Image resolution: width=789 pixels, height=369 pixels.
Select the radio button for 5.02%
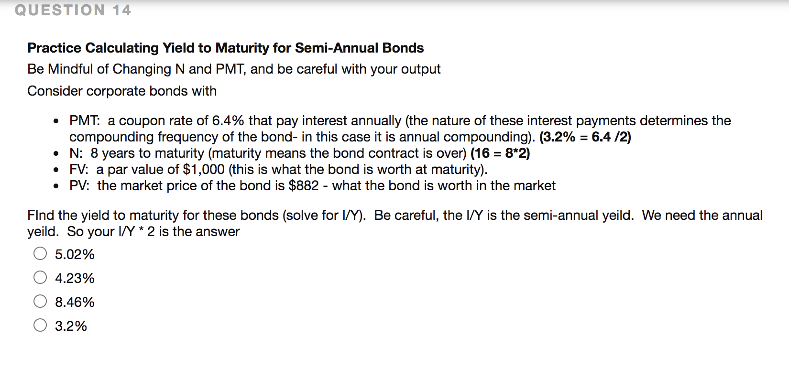tap(40, 253)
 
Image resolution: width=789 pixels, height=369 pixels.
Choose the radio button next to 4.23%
tap(40, 277)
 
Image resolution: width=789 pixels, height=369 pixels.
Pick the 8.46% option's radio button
tap(40, 301)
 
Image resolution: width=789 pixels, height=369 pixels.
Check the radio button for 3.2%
tap(40, 325)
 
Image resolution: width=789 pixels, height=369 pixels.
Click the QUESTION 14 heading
tap(73, 10)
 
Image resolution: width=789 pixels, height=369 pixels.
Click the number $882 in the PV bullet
tap(304, 185)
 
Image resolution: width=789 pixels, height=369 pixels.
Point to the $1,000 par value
tap(204, 169)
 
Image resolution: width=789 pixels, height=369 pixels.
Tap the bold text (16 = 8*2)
tap(500, 153)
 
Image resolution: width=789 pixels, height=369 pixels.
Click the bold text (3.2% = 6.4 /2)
tap(585, 137)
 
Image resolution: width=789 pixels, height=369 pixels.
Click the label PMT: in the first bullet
tap(85, 120)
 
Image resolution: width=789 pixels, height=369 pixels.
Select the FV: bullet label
tap(79, 169)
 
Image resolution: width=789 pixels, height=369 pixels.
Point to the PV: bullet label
tap(79, 185)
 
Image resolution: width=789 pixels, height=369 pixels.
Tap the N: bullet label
tap(76, 153)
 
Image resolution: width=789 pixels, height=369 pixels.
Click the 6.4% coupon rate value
tap(228, 120)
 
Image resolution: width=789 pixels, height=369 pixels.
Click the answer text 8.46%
tap(75, 302)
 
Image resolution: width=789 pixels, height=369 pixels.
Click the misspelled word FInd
tap(41, 215)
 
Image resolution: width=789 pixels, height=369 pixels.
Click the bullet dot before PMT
tap(56, 121)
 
